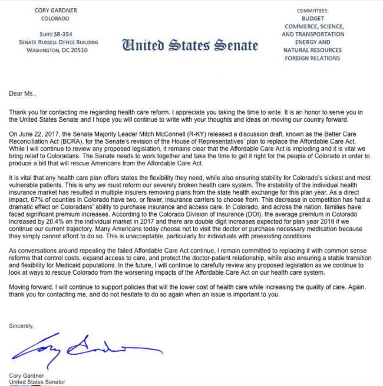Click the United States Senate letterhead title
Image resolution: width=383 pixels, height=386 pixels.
tap(190, 45)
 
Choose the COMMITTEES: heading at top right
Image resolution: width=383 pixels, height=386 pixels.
tap(312, 11)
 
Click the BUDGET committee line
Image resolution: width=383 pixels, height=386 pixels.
tap(312, 18)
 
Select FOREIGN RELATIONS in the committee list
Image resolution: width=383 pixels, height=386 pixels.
tap(312, 58)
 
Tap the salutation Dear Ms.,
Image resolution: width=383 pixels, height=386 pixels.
tap(22, 93)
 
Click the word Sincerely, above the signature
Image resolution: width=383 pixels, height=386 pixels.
tap(21, 325)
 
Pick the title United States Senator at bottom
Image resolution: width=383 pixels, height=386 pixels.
tap(37, 382)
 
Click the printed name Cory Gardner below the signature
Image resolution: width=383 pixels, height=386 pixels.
tap(28, 375)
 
